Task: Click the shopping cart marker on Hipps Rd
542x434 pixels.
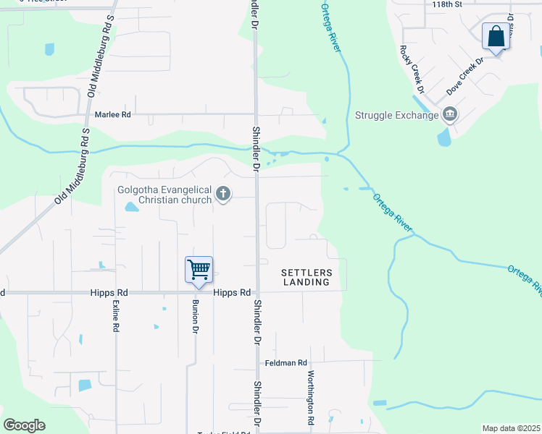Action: [x=199, y=270]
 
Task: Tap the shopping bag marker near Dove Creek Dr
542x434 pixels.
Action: [x=496, y=37]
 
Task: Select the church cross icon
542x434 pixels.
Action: [x=223, y=194]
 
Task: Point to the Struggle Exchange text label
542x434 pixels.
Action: [x=397, y=115]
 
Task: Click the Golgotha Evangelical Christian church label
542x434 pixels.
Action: [x=165, y=195]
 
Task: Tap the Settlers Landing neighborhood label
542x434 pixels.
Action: [x=307, y=277]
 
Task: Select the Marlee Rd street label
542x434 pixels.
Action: [x=113, y=114]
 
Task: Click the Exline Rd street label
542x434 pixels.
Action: [x=114, y=317]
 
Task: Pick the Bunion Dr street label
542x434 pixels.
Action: [x=195, y=317]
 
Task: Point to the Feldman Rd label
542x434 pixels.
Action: [x=286, y=362]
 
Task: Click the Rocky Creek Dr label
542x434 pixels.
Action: [x=409, y=69]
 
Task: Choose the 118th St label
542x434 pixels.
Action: [x=447, y=4]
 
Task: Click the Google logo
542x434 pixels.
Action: [x=25, y=425]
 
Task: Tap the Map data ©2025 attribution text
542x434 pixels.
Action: [x=511, y=428]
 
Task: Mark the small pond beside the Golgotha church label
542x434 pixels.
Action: [x=131, y=208]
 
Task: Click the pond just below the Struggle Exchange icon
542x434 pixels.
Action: [x=443, y=137]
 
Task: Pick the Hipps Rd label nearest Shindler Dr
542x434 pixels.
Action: [x=232, y=292]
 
